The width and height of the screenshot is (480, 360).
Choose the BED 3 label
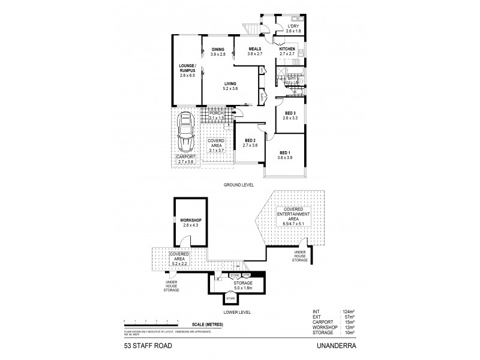tap(290, 113)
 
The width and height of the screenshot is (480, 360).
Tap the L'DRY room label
tap(293, 27)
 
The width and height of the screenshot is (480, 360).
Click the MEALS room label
tap(256, 49)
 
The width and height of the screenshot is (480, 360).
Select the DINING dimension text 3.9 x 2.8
tap(217, 55)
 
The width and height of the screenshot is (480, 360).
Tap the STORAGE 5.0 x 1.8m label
tap(242, 283)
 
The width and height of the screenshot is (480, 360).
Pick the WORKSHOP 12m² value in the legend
tap(349, 328)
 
